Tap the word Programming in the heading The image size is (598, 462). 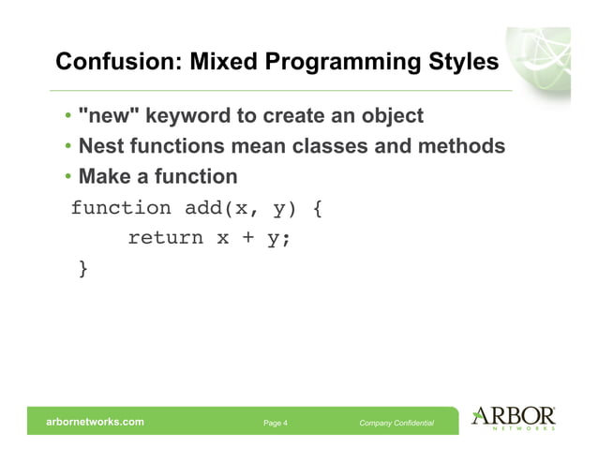[336, 63]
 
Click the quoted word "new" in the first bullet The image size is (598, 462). [110, 116]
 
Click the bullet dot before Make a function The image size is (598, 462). [68, 177]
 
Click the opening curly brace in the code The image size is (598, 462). [317, 207]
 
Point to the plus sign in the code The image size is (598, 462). [248, 238]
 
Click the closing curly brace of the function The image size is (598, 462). [84, 269]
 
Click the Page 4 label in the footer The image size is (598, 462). [276, 424]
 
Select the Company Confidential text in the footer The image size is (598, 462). [396, 424]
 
